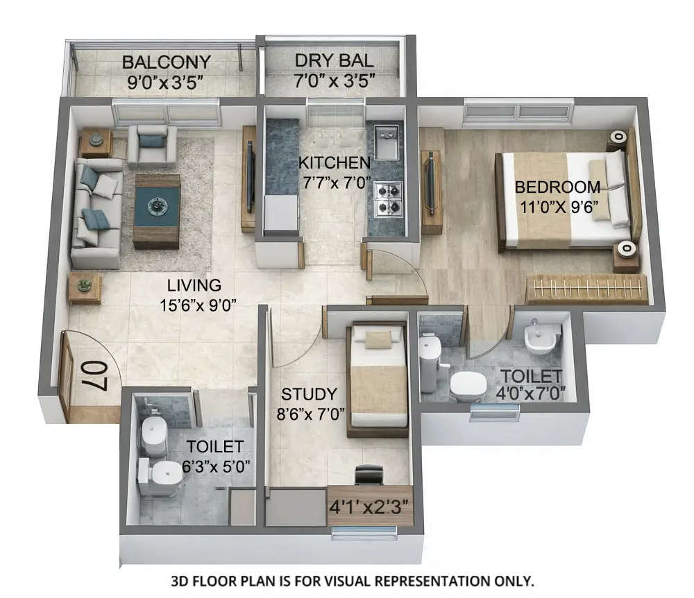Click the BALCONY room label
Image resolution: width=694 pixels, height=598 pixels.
166,62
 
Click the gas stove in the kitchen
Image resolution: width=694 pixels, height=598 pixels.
389,199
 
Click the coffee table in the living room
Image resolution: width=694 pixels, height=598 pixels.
156,210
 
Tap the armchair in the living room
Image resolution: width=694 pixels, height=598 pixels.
151,145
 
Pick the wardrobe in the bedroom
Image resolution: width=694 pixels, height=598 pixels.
586,289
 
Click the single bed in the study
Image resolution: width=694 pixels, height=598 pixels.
378,379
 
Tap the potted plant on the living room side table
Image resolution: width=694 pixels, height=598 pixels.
85,284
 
